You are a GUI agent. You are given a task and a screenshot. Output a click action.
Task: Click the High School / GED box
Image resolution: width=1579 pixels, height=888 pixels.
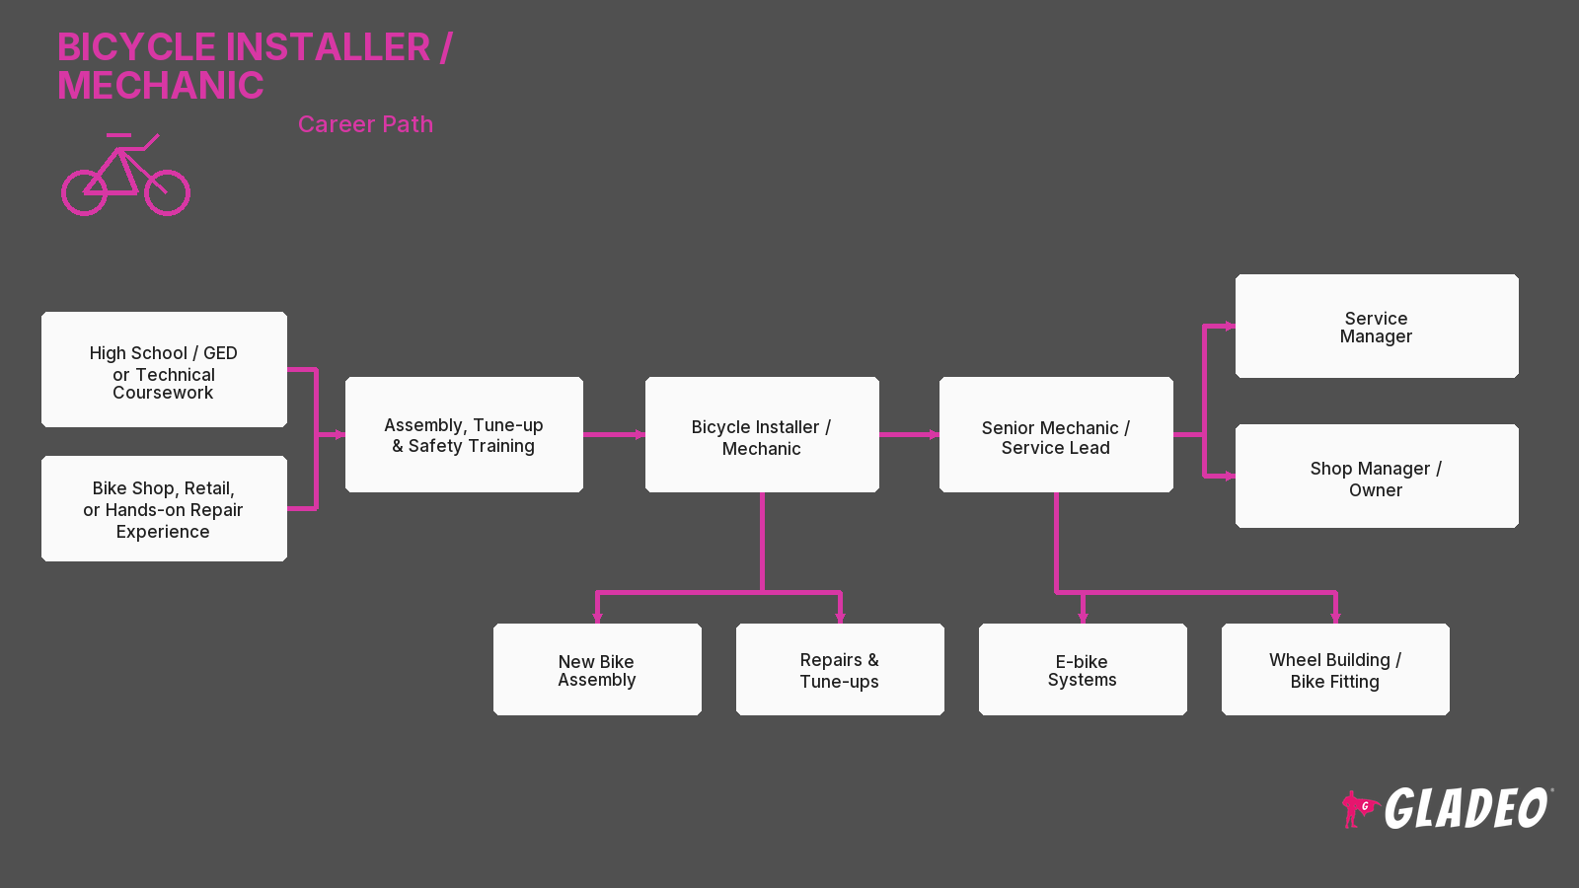(164, 369)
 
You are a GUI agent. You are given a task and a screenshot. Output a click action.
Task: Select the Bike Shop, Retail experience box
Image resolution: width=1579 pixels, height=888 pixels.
(164, 509)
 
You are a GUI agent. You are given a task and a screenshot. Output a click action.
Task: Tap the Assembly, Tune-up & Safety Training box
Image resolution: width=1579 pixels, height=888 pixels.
(464, 435)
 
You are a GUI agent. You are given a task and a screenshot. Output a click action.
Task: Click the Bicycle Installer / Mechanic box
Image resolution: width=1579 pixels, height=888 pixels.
(762, 435)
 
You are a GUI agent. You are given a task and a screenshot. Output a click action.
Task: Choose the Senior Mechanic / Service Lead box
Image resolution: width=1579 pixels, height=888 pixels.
(1056, 435)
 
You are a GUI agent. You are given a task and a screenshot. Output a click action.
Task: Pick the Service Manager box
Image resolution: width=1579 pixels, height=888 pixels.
(1377, 327)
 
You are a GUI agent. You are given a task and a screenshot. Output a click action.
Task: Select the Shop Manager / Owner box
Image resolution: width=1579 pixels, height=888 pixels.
(1377, 477)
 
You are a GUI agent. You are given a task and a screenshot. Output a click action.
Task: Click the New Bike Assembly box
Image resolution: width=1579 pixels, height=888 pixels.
(597, 670)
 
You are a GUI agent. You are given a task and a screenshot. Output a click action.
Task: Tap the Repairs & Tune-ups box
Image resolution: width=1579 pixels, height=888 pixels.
(840, 670)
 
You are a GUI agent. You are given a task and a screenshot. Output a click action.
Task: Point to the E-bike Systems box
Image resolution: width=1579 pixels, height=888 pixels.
(1083, 670)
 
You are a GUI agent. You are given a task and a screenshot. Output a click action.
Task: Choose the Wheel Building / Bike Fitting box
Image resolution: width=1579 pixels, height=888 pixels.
(1335, 670)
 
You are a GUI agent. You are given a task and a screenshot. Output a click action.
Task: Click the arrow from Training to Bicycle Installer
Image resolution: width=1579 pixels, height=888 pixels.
(614, 435)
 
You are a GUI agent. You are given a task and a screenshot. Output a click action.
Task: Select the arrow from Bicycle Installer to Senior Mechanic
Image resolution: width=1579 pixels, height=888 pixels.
(909, 435)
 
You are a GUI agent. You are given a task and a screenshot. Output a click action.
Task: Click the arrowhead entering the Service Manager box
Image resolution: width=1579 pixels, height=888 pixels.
(1230, 327)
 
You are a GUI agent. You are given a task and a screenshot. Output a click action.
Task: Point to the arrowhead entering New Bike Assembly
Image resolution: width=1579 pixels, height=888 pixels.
(597, 618)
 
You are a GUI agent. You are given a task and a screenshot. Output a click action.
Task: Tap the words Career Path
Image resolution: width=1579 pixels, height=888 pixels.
(365, 124)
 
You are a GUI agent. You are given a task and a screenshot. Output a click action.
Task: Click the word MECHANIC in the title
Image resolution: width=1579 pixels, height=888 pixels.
(161, 85)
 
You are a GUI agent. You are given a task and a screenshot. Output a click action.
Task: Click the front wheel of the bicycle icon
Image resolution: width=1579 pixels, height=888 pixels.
(167, 192)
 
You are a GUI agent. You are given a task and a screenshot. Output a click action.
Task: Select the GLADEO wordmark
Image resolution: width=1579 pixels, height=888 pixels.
(1466, 808)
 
